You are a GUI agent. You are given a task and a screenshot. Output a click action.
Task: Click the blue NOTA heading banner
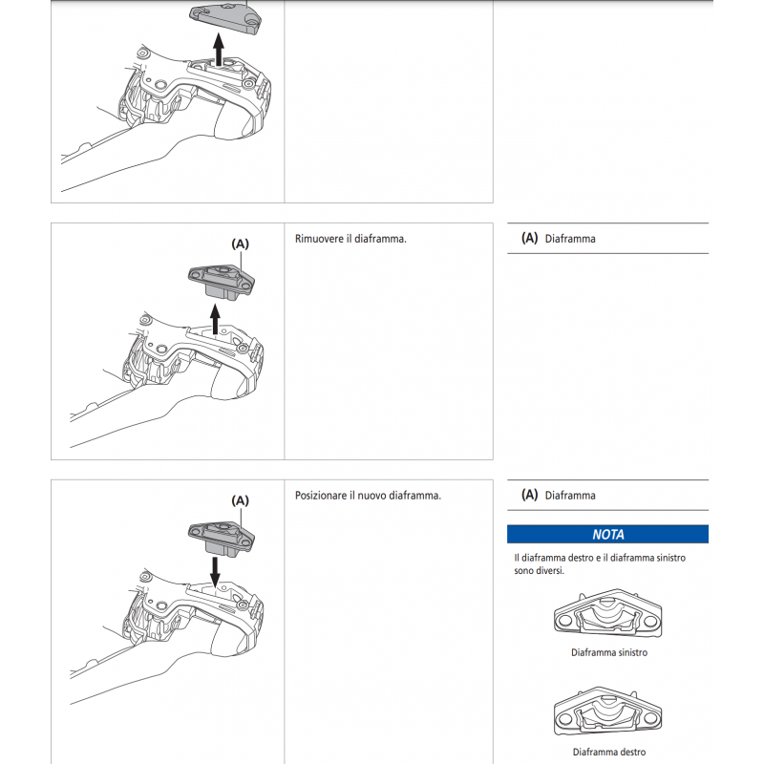(x=607, y=535)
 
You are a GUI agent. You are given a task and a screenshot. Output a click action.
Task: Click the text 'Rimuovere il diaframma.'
(x=351, y=239)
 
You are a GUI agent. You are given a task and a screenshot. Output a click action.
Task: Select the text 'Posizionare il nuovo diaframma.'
(x=368, y=495)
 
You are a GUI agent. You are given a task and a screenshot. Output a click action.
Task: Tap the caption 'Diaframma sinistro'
(x=608, y=652)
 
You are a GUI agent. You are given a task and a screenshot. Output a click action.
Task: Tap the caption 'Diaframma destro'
(x=608, y=752)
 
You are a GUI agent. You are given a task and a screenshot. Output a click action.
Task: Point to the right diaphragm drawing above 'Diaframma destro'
(x=608, y=713)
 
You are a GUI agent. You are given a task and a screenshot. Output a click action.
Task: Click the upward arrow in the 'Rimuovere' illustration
(x=216, y=318)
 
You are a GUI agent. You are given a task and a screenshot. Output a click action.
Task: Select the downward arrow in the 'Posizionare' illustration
(x=216, y=570)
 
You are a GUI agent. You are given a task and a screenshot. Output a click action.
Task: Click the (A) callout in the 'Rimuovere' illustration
(x=240, y=244)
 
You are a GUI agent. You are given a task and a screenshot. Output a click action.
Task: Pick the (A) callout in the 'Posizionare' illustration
(x=240, y=499)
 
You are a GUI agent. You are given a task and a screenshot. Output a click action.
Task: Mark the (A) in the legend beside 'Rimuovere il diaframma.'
(x=529, y=239)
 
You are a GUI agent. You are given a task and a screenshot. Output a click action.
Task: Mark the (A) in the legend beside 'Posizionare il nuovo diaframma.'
(x=529, y=495)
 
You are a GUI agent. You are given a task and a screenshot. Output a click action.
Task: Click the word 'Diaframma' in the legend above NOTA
(x=570, y=496)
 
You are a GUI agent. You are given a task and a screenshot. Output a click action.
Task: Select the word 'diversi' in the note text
(x=548, y=571)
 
